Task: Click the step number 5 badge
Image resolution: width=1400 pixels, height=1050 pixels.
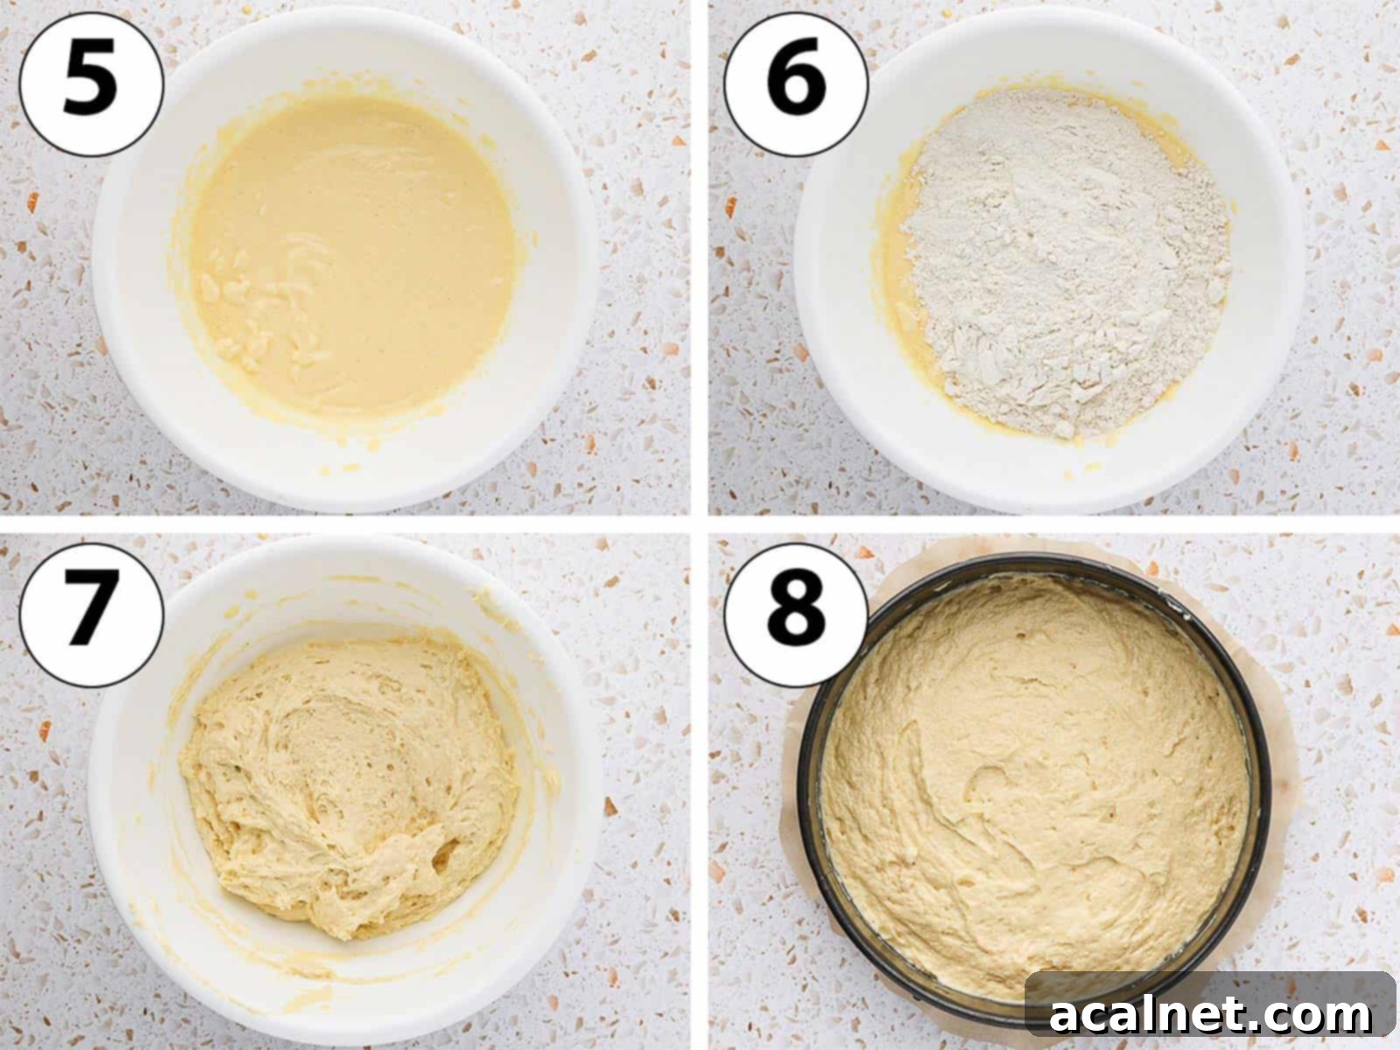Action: (91, 84)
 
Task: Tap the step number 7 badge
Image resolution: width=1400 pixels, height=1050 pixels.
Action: (91, 612)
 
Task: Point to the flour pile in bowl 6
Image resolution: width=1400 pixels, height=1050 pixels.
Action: (1067, 262)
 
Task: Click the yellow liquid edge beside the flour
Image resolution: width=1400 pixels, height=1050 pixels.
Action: (901, 289)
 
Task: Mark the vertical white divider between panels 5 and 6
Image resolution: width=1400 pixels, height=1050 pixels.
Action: (699, 262)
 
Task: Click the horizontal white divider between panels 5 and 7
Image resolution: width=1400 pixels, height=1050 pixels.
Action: (350, 523)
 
